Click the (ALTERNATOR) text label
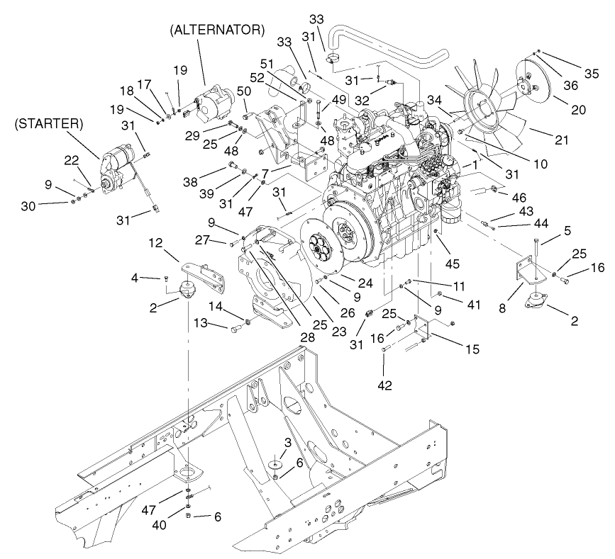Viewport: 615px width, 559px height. [217, 30]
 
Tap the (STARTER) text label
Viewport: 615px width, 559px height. [48, 123]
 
